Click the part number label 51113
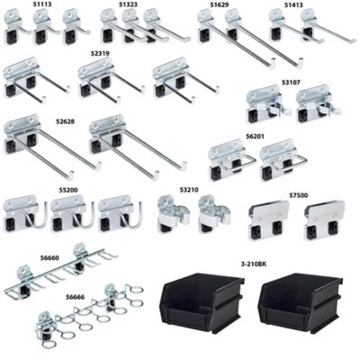(42, 4)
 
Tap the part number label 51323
(128, 4)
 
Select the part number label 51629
(220, 4)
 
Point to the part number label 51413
(293, 4)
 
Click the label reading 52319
(99, 54)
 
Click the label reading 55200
(69, 190)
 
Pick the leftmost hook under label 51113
(18, 31)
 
